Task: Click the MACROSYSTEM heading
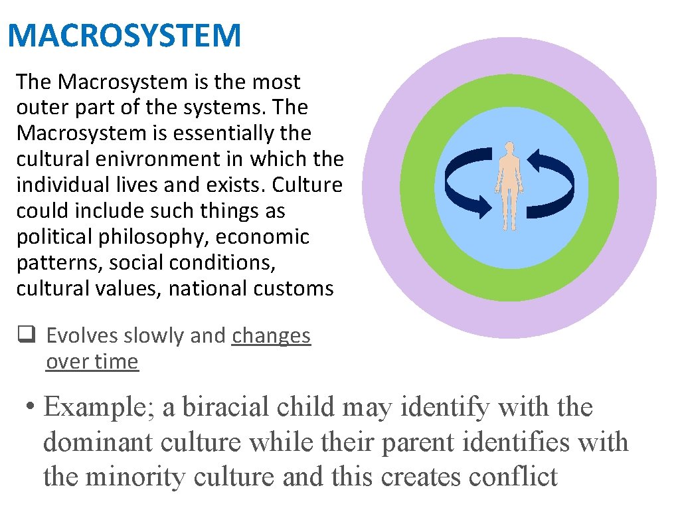tap(124, 35)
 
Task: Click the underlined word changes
tap(271, 336)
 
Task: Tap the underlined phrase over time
tap(92, 362)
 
